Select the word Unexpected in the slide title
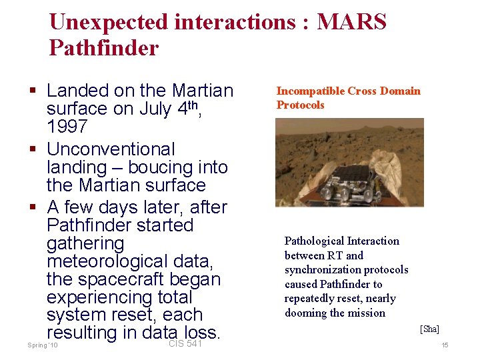[109, 23]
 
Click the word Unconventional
[111, 149]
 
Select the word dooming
[306, 313]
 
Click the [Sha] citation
[429, 329]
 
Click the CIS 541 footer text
[185, 343]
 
